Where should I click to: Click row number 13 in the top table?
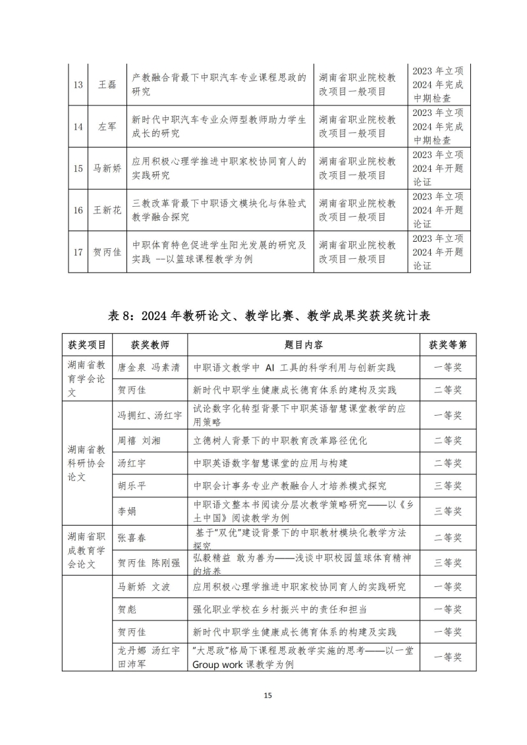78,85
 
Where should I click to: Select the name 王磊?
106,85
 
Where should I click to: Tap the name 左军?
106,126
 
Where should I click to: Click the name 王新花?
106,209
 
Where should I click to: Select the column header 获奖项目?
86,345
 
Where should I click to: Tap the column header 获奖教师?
150,345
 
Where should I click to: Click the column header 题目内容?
303,345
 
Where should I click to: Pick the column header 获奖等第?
448,345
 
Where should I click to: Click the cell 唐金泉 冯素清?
148,367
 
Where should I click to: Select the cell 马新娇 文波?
144,586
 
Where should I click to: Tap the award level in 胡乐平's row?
448,486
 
